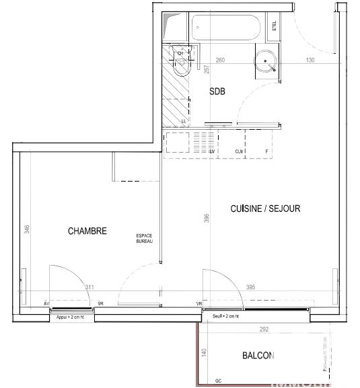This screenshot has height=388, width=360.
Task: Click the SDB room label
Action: click(x=217, y=91)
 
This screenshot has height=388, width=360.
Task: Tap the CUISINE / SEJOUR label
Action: click(x=265, y=209)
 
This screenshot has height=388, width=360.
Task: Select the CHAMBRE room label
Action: click(x=87, y=231)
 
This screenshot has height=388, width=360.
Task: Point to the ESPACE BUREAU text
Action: click(x=145, y=238)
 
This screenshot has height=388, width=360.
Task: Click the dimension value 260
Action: click(x=220, y=61)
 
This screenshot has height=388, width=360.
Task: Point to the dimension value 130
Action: click(x=310, y=61)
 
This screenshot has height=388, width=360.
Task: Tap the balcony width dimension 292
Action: click(x=264, y=329)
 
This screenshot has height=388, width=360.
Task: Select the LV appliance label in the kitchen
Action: click(x=212, y=152)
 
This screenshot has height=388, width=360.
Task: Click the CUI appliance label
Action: click(x=238, y=152)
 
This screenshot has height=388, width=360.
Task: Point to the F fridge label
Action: click(x=267, y=152)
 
